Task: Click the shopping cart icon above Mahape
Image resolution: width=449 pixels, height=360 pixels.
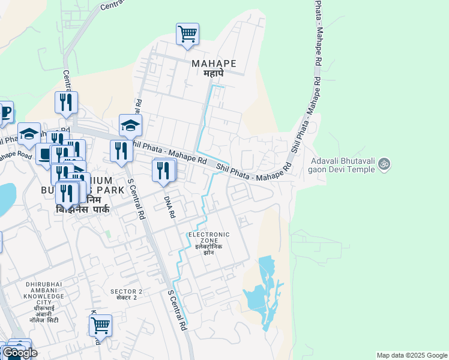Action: [187, 34]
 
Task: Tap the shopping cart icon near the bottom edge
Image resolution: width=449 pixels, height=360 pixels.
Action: [100, 326]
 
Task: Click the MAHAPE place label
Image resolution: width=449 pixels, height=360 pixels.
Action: [213, 63]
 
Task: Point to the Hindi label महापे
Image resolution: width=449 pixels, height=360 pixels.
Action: [213, 73]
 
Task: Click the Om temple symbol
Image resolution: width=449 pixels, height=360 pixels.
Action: [385, 163]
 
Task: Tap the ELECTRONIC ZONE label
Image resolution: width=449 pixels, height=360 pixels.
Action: [209, 238]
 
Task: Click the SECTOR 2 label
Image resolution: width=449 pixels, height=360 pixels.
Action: [127, 291]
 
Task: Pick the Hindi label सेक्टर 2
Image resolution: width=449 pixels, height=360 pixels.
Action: [127, 298]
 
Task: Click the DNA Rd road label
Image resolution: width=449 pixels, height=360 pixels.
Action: [169, 205]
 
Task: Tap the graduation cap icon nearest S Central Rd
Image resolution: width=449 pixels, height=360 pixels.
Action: [130, 126]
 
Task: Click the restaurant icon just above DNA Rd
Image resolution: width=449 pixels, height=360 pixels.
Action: [163, 170]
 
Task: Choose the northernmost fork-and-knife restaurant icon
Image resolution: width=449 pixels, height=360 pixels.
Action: [66, 103]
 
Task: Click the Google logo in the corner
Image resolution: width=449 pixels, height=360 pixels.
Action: [19, 353]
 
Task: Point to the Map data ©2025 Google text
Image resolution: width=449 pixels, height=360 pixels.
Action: [412, 355]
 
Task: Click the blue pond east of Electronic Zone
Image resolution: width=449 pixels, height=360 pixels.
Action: [264, 294]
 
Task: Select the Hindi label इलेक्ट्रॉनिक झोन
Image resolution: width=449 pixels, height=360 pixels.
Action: [209, 250]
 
